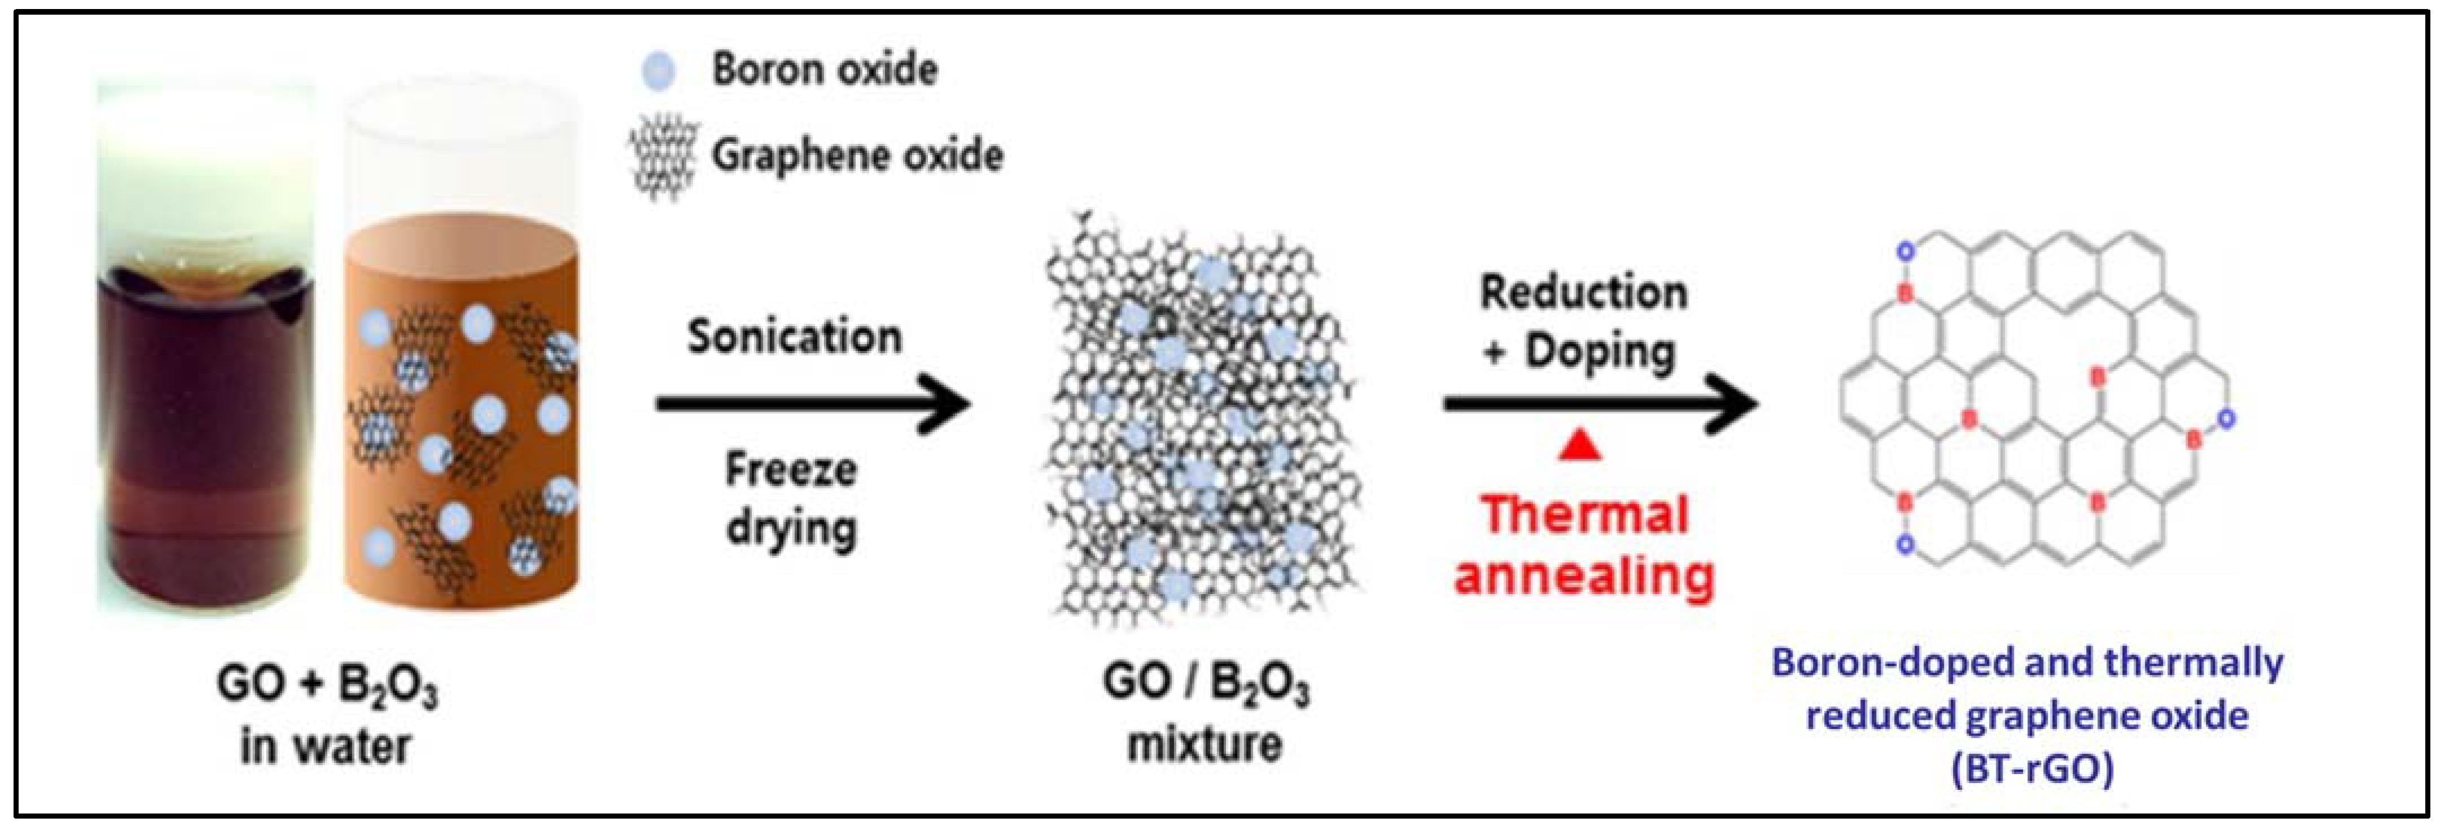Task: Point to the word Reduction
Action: click(1584, 292)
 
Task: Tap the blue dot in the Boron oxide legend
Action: click(658, 71)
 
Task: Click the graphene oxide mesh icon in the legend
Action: click(664, 157)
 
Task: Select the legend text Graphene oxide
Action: click(857, 155)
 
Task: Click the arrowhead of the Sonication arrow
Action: click(946, 403)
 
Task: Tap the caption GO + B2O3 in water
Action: click(327, 713)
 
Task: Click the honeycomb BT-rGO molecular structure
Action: click(2035, 399)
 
